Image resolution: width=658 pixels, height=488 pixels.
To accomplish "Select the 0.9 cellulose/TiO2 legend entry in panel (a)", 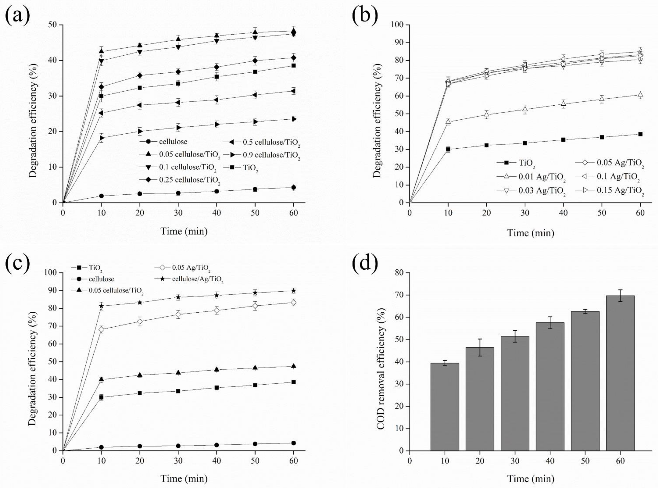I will point(271,155).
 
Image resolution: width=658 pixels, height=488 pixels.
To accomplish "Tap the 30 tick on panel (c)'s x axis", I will point(178,460).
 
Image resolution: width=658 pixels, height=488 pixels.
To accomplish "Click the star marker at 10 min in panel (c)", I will point(101,306).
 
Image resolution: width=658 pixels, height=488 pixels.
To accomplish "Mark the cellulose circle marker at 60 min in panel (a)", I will point(293,187).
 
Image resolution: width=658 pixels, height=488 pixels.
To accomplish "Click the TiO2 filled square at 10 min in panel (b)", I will point(448,149).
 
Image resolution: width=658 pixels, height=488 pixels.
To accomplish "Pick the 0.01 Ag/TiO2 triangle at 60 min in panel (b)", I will point(640,94).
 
